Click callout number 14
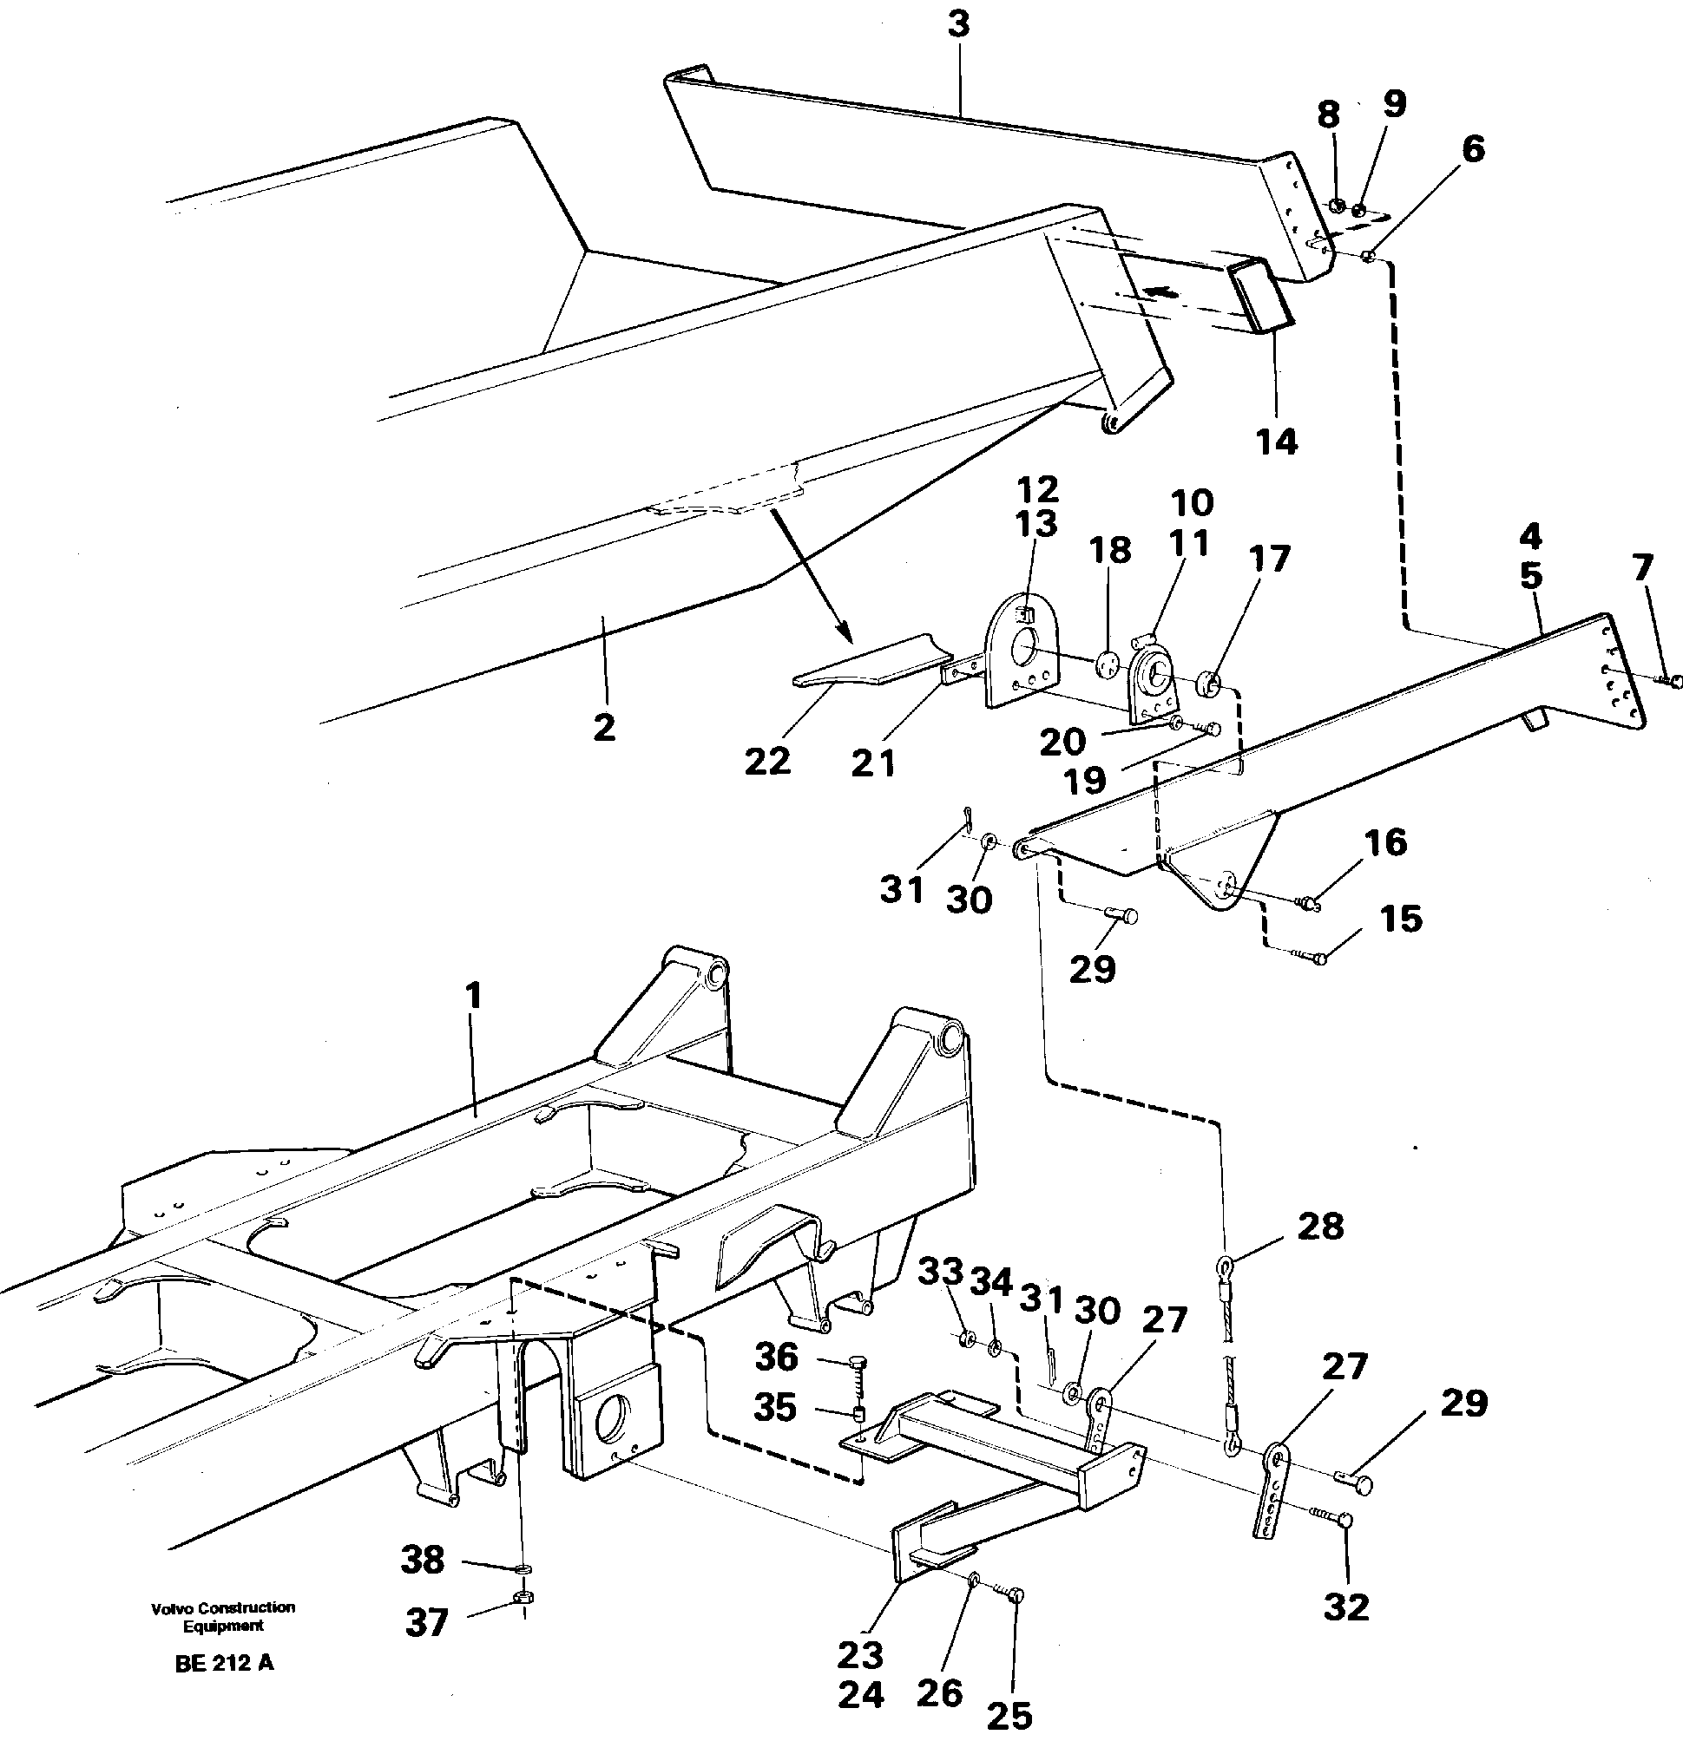(x=1276, y=441)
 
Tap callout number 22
(x=767, y=761)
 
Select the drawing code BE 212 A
(x=224, y=1664)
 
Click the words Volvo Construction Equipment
(x=222, y=1617)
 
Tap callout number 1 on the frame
(x=473, y=996)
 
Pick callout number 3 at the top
(x=958, y=24)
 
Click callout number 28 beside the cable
(x=1320, y=1227)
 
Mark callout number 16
(x=1385, y=842)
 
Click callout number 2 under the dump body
(x=603, y=728)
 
